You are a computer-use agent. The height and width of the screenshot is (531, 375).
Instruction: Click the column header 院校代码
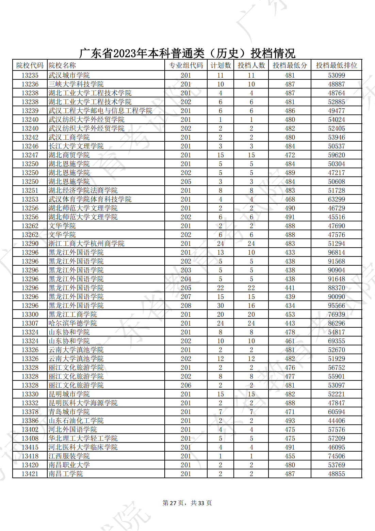click(x=30, y=65)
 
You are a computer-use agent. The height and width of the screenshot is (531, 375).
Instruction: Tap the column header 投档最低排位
click(x=336, y=65)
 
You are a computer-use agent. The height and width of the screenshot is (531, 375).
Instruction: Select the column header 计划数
click(x=221, y=65)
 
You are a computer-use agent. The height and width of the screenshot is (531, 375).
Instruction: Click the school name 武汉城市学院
click(x=69, y=75)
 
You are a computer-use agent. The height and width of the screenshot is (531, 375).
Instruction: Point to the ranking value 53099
click(x=336, y=75)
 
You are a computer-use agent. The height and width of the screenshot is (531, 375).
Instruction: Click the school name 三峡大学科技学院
click(x=76, y=84)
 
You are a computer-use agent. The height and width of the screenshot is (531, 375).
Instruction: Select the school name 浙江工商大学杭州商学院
click(x=86, y=244)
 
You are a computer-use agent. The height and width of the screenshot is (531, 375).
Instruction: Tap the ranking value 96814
click(x=336, y=252)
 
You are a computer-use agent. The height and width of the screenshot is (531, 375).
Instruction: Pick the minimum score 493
click(x=290, y=421)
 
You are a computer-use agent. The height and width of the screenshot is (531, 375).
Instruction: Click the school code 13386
click(x=30, y=421)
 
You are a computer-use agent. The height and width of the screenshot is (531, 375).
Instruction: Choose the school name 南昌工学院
click(x=66, y=474)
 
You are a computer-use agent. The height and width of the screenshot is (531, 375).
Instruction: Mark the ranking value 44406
click(x=336, y=421)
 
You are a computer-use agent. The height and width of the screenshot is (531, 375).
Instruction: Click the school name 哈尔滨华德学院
click(x=72, y=323)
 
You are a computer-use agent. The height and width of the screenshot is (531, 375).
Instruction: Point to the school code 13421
click(x=30, y=474)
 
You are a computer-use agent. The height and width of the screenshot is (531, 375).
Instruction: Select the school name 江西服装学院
click(x=69, y=456)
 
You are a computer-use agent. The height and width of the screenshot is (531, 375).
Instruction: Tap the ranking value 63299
click(x=336, y=199)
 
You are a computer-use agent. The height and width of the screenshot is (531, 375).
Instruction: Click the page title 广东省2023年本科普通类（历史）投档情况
click(x=187, y=53)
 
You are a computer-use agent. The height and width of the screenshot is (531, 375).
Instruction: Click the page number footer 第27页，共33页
click(x=187, y=503)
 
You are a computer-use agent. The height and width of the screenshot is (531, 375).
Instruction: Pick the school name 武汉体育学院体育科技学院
click(x=90, y=199)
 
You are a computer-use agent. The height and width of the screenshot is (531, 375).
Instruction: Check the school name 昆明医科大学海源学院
click(x=83, y=403)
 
